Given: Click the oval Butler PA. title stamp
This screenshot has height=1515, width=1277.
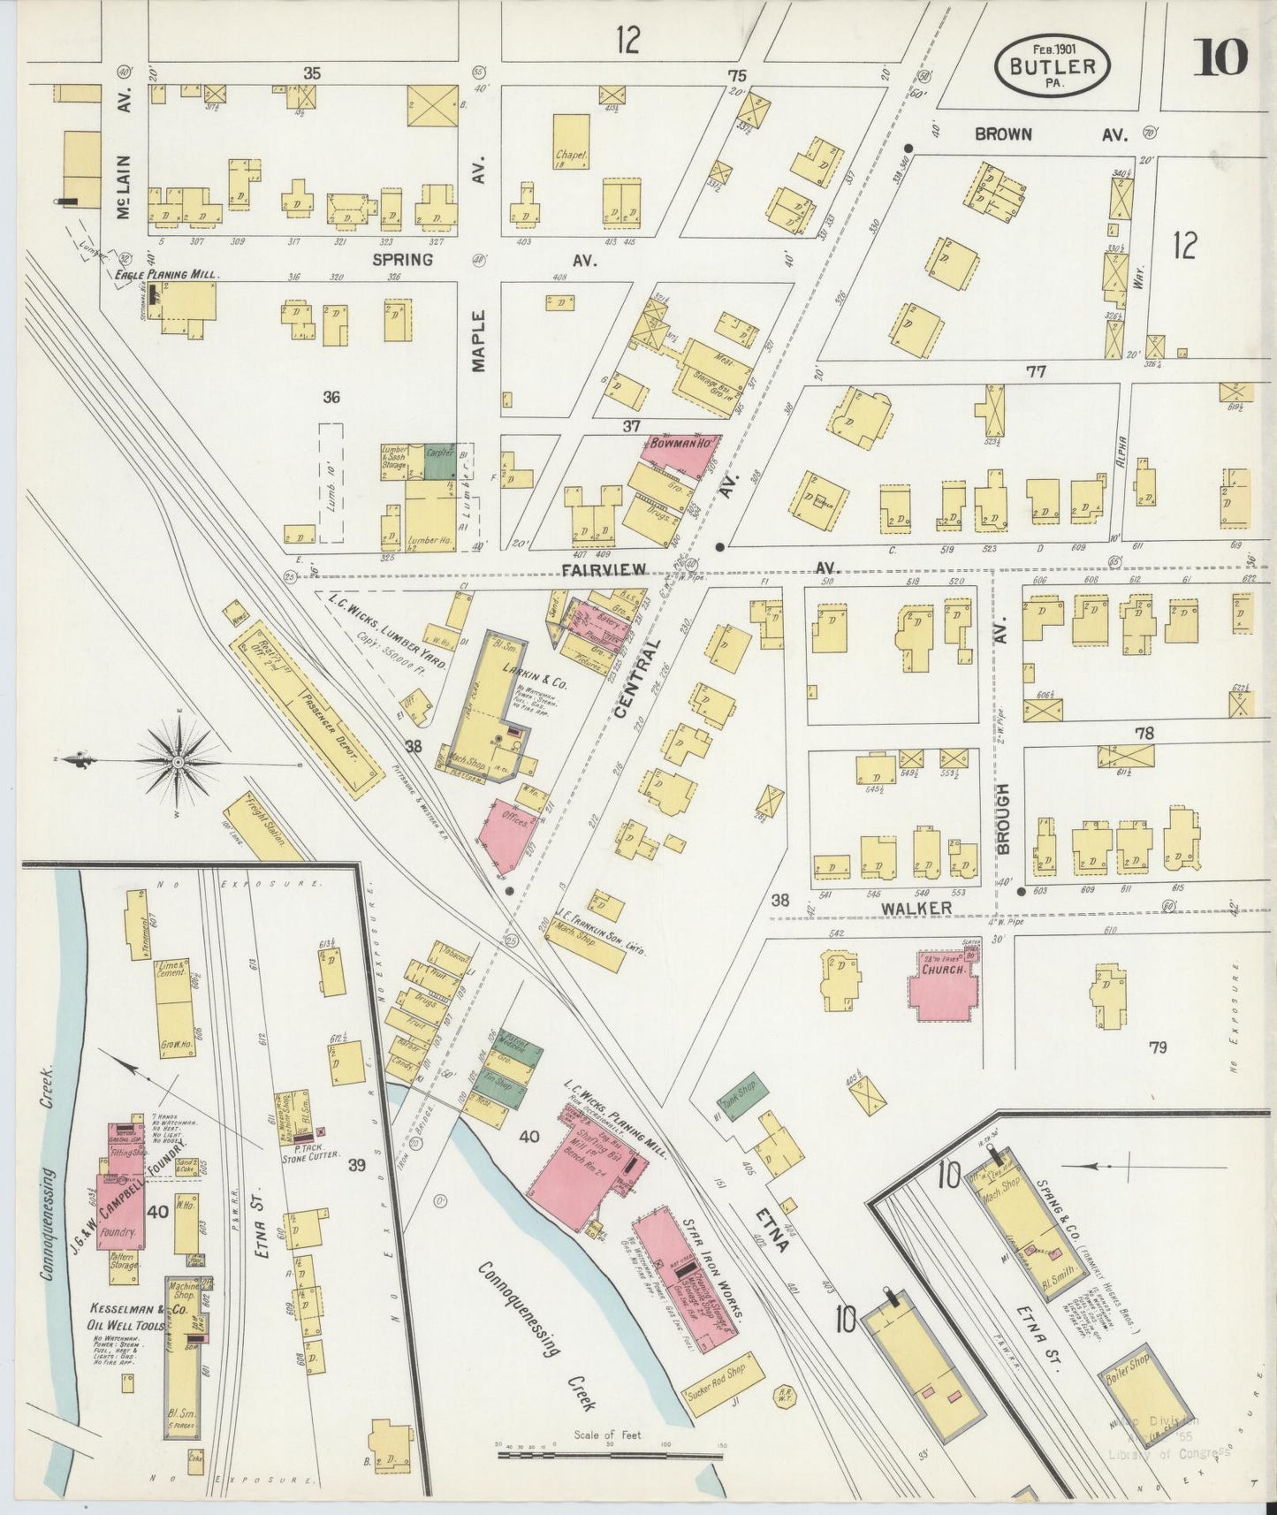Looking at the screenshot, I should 1052,67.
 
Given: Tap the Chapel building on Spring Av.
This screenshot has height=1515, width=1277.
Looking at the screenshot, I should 572,141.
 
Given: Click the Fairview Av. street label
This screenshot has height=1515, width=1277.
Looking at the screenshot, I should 604,570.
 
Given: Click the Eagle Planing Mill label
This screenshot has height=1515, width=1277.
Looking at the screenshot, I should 167,275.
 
